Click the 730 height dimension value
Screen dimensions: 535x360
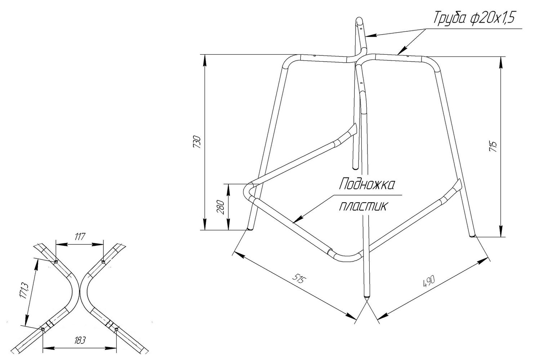click(197, 142)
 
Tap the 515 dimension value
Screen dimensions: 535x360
click(299, 279)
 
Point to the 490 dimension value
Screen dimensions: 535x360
click(429, 281)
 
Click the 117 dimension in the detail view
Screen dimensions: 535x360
click(80, 237)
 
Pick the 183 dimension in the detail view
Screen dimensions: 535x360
click(80, 340)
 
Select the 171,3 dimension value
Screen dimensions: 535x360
click(24, 291)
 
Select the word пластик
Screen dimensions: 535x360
click(362, 207)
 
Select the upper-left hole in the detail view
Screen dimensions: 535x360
click(56, 262)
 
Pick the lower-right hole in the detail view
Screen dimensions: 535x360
click(116, 330)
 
